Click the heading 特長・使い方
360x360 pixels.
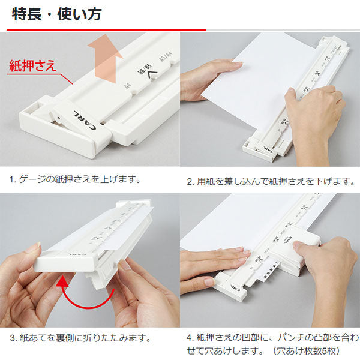point(57,14)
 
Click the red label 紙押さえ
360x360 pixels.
point(32,65)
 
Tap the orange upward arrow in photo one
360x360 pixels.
point(106,59)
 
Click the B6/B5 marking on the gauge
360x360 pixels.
point(145,69)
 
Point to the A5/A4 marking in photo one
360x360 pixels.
point(166,56)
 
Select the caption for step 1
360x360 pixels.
point(75,179)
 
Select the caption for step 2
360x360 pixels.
point(271,181)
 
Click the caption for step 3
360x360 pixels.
point(80,338)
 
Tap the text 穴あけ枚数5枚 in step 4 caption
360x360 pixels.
point(308,351)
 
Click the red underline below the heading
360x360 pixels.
point(106,29)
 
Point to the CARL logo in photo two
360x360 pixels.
point(267,149)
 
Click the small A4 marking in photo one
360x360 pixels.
point(127,86)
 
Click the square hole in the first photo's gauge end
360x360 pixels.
point(34,108)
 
